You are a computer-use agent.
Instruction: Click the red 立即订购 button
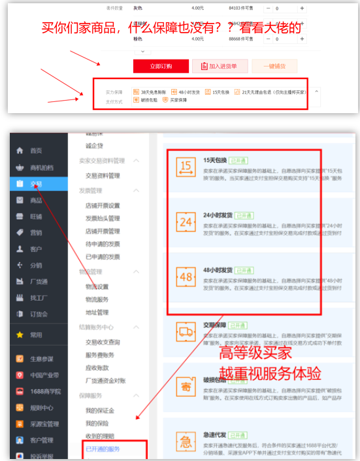[160, 65]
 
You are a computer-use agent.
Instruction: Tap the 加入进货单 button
[220, 65]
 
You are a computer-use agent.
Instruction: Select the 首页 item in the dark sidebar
[36, 150]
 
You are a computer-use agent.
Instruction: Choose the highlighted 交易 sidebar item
[36, 184]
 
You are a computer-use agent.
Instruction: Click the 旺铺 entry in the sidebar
[36, 216]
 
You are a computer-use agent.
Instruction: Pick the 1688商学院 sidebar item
[46, 391]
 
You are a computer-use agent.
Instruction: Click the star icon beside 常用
[20, 335]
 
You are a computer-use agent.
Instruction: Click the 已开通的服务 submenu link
[103, 449]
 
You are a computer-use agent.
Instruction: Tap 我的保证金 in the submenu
[100, 410]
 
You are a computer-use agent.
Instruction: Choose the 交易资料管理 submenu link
[103, 175]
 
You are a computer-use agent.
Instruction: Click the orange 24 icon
[186, 222]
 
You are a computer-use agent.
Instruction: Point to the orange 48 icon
[186, 277]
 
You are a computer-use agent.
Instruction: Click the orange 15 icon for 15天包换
[186, 167]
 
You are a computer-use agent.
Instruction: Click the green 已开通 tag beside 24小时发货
[245, 214]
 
